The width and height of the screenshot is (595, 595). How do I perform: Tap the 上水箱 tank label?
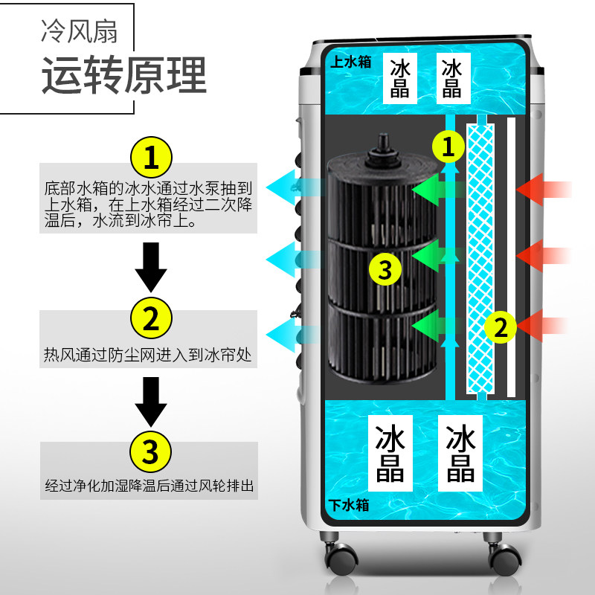[x=349, y=62]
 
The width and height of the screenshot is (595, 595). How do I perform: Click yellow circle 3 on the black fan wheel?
[x=385, y=268]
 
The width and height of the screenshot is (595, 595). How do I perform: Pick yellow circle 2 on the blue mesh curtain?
[x=501, y=327]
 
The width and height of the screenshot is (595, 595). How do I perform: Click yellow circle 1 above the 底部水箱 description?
[x=151, y=158]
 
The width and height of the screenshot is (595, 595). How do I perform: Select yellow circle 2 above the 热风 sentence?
[x=151, y=319]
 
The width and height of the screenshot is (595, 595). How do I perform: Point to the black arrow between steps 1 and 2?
[x=151, y=269]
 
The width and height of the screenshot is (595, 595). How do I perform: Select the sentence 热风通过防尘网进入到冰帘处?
[x=149, y=356]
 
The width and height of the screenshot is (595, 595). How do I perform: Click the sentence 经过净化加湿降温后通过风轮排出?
[x=149, y=487]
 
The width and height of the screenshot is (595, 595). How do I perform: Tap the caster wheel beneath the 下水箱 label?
[x=338, y=554]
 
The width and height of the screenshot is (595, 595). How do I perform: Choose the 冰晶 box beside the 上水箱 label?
[x=399, y=78]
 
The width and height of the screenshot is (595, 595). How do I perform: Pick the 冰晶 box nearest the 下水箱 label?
[x=390, y=454]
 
